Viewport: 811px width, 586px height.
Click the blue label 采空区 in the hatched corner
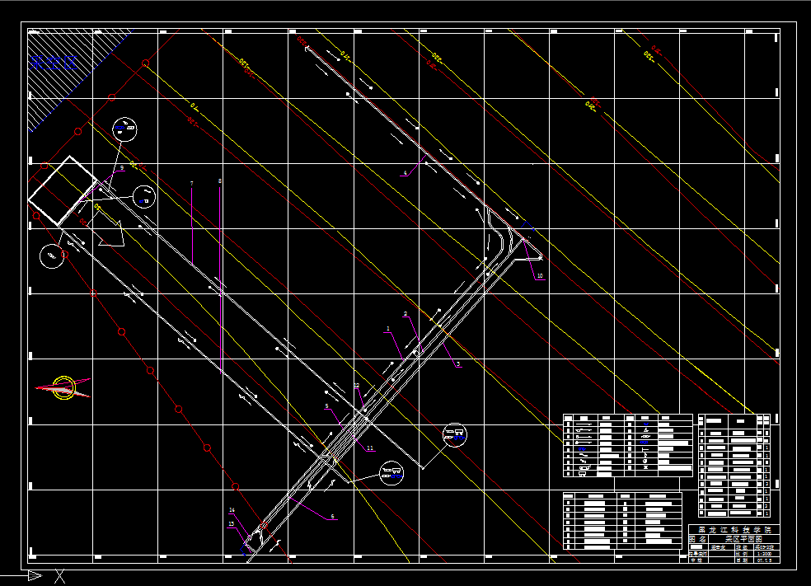click(x=53, y=60)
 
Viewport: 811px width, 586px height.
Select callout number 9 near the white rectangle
click(x=122, y=168)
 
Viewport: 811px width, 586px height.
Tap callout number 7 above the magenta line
click(x=191, y=183)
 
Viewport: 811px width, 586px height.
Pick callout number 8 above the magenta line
click(x=220, y=180)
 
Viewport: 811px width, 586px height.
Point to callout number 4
click(x=405, y=173)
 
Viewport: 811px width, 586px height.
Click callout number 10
click(x=540, y=276)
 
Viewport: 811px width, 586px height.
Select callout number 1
click(x=387, y=329)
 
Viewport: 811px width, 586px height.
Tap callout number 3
click(x=458, y=363)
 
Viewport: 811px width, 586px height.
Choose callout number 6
click(x=332, y=517)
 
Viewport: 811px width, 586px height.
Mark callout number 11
click(x=370, y=448)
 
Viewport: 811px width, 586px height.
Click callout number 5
click(x=326, y=406)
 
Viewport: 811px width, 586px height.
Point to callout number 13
click(x=231, y=524)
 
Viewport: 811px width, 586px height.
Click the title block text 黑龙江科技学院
click(x=730, y=529)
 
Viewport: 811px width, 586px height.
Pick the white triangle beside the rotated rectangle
click(x=110, y=234)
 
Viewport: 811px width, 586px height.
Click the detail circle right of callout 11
click(x=454, y=434)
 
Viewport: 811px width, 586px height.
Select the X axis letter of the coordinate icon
click(x=59, y=577)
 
